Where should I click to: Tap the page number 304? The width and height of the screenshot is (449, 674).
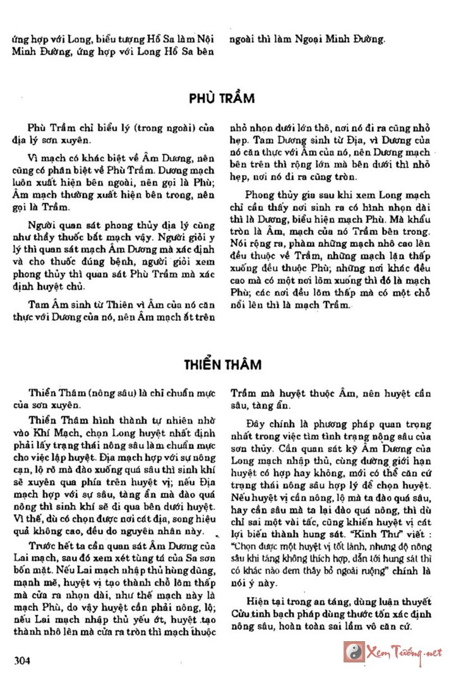[22, 661]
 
